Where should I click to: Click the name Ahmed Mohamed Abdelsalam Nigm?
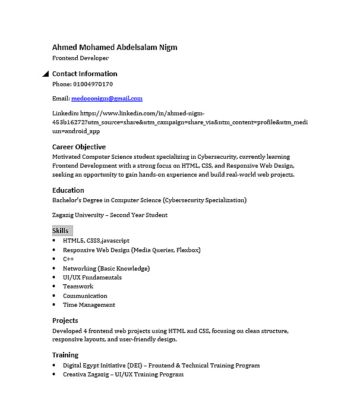point(115,48)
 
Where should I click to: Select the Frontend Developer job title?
point(80,58)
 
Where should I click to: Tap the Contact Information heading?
point(84,74)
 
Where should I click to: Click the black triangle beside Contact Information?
point(46,74)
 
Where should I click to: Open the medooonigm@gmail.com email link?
point(107,99)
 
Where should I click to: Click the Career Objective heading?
point(79,147)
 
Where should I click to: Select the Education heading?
point(68,190)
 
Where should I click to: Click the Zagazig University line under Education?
point(110,215)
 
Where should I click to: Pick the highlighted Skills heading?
point(61,231)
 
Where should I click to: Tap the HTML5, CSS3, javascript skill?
point(96,241)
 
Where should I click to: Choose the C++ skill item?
point(68,259)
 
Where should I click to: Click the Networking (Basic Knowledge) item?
point(106,268)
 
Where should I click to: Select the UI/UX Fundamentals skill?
point(92,278)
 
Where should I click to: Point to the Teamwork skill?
point(78,287)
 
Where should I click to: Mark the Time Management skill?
point(89,305)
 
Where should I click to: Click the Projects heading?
point(65,321)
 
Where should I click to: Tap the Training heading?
point(65,355)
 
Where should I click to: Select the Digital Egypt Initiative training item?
point(161,365)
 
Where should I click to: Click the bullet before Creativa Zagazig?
point(55,375)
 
